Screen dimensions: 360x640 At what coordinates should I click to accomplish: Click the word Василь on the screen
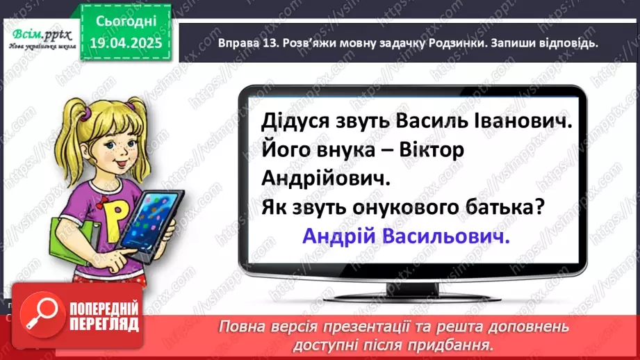point(421,123)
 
